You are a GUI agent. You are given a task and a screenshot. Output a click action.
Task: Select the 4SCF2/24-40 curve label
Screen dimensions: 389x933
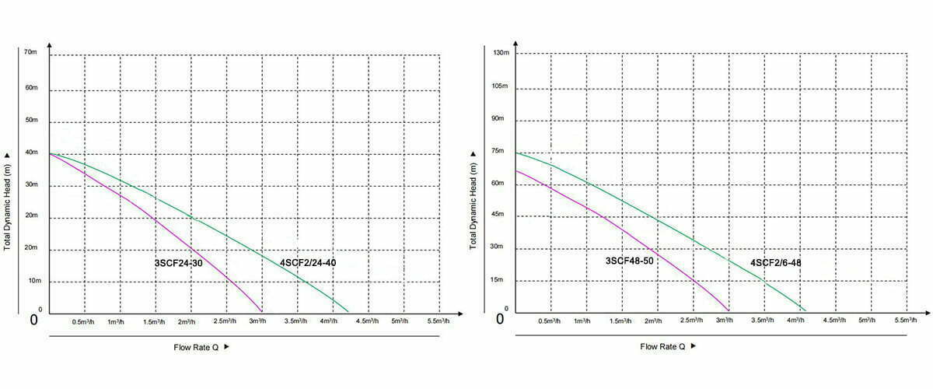(308, 263)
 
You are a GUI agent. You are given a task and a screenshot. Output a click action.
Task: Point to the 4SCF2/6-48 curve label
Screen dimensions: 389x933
(775, 263)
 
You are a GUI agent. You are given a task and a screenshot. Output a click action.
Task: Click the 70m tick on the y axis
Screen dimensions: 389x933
(31, 52)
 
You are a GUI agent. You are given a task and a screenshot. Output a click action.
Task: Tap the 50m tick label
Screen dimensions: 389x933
(31, 121)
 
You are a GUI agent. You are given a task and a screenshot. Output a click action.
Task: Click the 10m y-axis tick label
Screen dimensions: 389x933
(34, 280)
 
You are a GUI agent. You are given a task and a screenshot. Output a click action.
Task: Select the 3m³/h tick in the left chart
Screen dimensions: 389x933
(257, 321)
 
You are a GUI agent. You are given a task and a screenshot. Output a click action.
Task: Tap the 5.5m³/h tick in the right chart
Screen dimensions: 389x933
(907, 321)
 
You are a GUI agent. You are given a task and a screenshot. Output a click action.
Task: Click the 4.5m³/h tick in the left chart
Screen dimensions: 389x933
(365, 321)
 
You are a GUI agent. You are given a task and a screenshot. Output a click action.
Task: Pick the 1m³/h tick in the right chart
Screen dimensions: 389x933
(582, 321)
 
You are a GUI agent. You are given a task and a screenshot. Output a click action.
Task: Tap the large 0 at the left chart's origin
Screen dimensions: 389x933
(34, 320)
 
